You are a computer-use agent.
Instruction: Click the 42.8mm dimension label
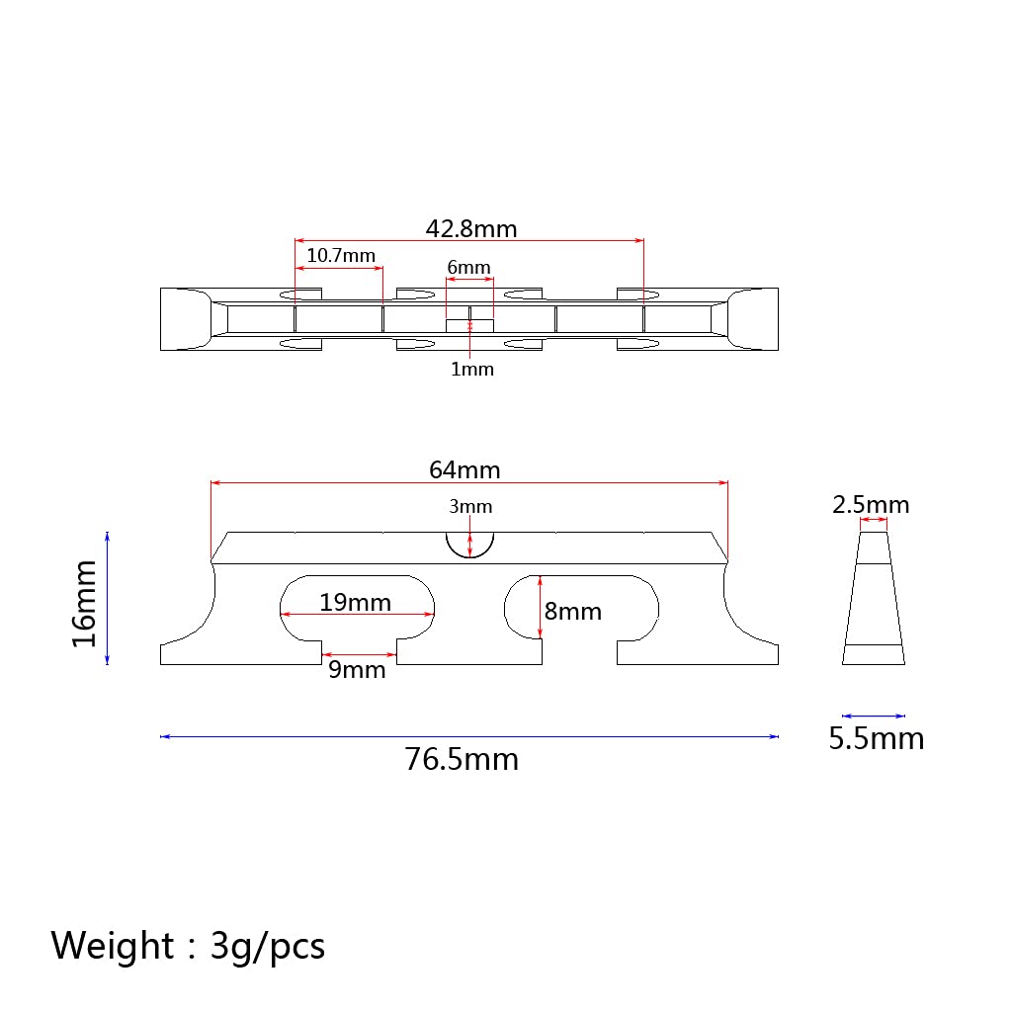point(471,229)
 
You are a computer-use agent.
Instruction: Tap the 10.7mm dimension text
point(341,256)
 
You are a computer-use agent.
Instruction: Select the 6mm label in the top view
point(469,267)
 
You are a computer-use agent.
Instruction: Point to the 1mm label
point(472,370)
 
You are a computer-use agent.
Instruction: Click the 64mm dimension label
point(464,469)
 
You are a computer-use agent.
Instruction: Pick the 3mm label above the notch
point(470,507)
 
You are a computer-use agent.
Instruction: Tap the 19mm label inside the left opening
point(356,602)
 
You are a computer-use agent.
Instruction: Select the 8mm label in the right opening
point(573,611)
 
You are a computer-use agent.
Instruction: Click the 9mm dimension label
point(357,670)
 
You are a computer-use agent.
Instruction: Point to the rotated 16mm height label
point(84,604)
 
